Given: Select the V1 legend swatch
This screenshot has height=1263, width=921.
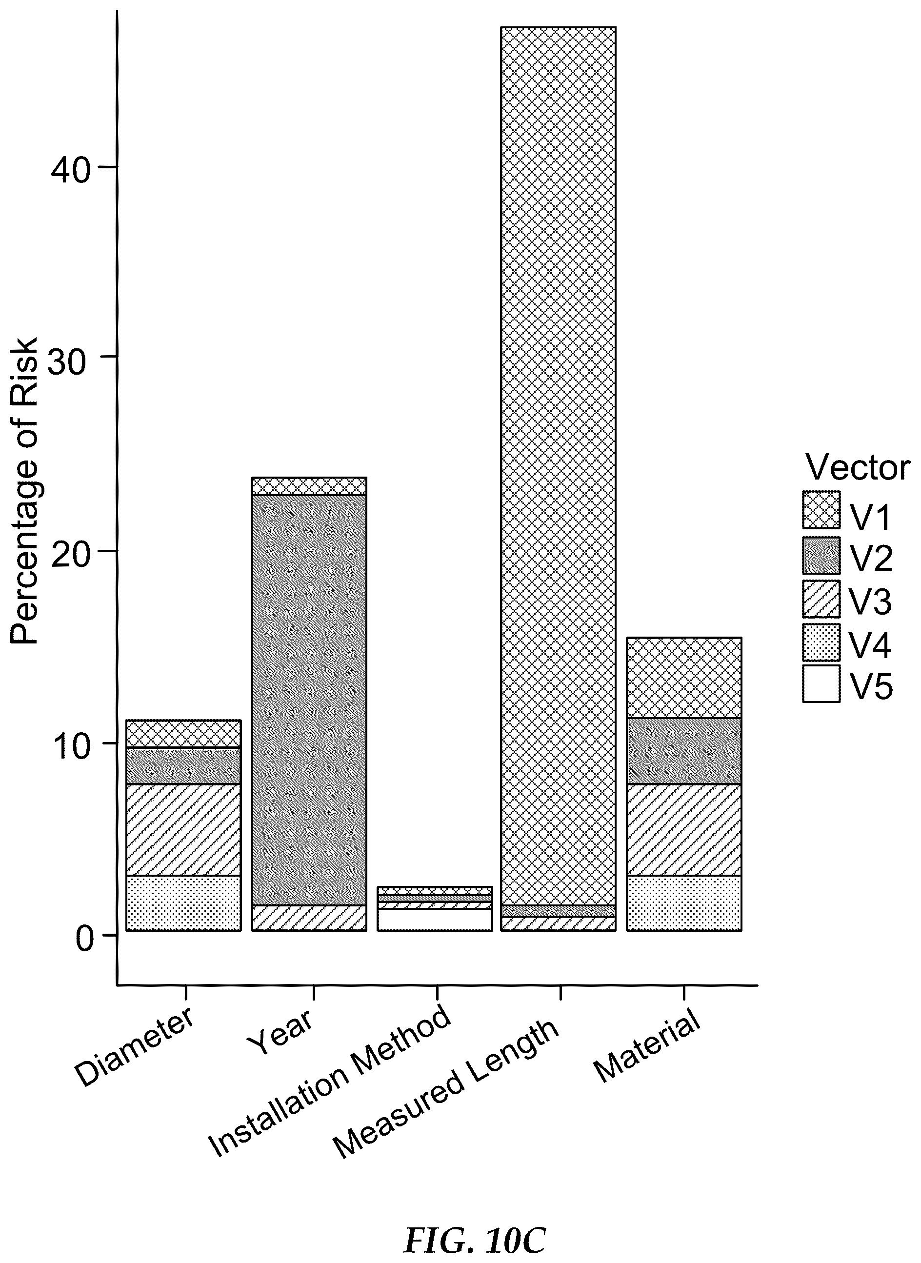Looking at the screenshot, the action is coord(821,509).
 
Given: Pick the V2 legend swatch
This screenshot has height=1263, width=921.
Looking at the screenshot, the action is coord(821,555).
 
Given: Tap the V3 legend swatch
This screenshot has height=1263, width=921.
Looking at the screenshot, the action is coord(821,599).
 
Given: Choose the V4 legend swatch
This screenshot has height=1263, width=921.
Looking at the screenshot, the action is coord(821,642).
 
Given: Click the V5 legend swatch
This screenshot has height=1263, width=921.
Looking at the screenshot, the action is coord(821,683).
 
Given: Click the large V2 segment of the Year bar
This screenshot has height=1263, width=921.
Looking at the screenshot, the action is coord(309,700).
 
